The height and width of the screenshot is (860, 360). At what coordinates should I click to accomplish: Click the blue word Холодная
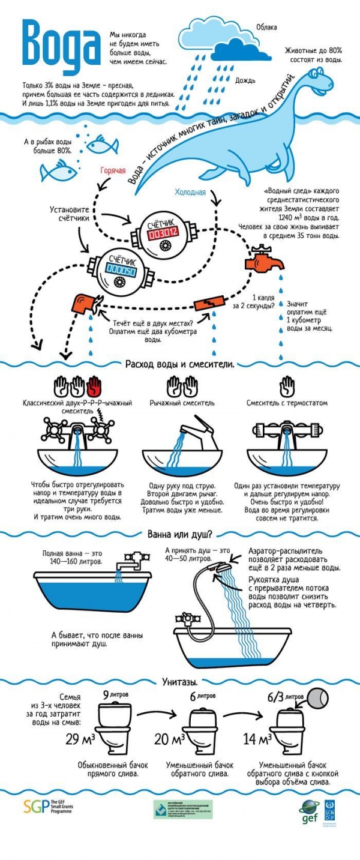190,193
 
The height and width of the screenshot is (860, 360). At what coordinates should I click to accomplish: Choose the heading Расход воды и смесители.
179,364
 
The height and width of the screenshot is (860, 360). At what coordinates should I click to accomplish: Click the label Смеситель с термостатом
287,403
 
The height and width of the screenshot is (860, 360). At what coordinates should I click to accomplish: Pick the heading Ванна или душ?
179,533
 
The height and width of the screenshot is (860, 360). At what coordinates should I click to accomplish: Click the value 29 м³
80,739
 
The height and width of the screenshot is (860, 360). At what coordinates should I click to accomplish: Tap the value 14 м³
257,739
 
